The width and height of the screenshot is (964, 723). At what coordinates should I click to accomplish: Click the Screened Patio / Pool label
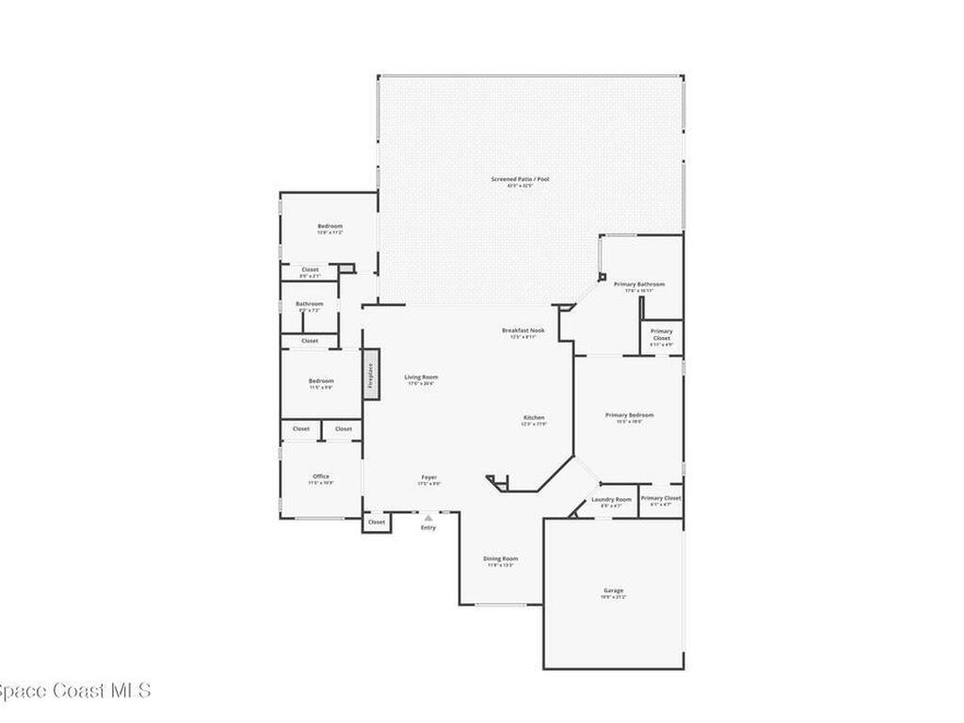point(519,179)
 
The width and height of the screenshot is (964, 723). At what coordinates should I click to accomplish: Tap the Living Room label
point(422,378)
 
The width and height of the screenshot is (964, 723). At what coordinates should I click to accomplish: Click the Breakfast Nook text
point(522,330)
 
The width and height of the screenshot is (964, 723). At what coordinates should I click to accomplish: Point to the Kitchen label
point(534,418)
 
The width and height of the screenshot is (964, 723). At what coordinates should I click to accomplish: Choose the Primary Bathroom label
point(639,284)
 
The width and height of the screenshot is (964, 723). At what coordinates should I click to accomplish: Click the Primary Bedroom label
point(629,415)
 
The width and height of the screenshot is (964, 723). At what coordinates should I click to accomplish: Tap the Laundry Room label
point(611,500)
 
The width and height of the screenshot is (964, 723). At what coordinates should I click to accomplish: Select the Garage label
point(613,591)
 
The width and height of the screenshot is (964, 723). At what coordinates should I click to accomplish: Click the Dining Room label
point(500,559)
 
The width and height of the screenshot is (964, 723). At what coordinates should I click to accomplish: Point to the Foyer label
point(428,478)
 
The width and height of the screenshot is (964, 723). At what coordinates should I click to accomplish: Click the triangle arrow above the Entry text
point(428,518)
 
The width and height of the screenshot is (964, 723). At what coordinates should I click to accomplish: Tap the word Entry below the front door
point(428,527)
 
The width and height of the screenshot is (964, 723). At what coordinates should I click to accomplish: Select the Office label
point(321,477)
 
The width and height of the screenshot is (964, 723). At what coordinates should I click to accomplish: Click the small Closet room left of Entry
point(377,522)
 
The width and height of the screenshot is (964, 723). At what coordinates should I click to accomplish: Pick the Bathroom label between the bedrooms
point(309,304)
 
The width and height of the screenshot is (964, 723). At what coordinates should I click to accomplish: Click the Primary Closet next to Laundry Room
point(660,499)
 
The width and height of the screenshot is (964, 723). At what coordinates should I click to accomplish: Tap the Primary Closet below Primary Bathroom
point(662,334)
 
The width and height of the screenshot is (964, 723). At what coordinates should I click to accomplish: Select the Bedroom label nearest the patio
point(329,227)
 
